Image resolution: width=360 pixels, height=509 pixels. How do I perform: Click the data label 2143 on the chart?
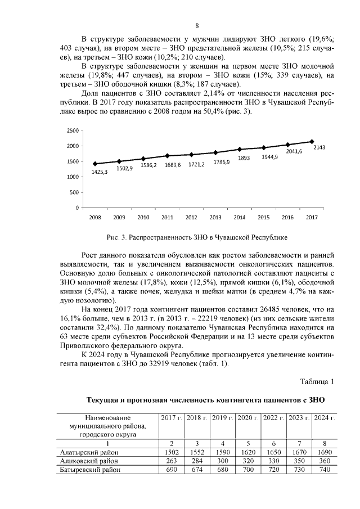[x=319, y=147]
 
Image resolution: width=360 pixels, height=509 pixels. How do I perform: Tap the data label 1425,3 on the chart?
[x=100, y=172]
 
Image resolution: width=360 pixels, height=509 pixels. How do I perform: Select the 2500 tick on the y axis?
[x=72, y=130]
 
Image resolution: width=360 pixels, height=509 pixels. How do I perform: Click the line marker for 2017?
[x=312, y=142]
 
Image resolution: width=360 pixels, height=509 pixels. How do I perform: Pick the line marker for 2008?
[x=95, y=164]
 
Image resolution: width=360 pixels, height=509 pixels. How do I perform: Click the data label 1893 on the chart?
[x=244, y=158]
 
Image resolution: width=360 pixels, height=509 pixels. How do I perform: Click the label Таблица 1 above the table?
[x=317, y=382]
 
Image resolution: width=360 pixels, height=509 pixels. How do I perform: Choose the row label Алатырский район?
[x=90, y=452]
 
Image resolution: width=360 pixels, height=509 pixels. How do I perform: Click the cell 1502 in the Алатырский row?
[x=170, y=452]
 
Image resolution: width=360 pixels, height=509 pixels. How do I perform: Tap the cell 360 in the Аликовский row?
[x=325, y=460]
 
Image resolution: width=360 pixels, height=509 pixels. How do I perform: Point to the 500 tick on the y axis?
[x=74, y=192]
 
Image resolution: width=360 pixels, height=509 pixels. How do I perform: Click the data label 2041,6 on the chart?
[x=294, y=151]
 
